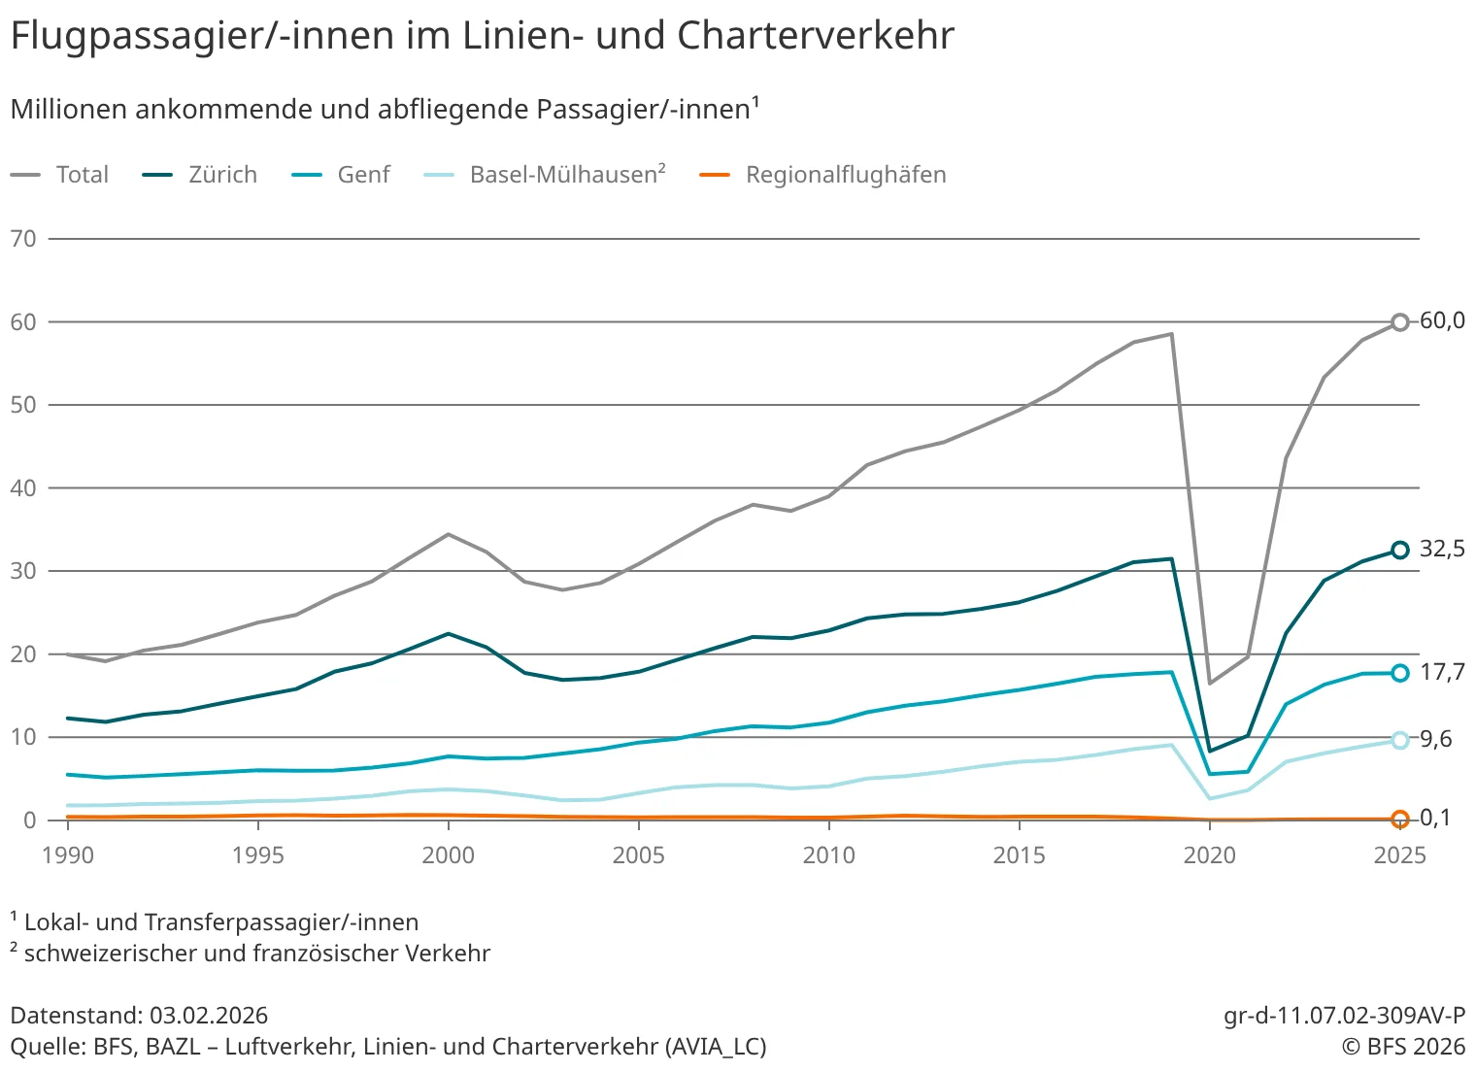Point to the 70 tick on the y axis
(x=23, y=239)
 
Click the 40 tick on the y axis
(x=23, y=488)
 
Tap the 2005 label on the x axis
(x=638, y=855)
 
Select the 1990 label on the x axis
(x=68, y=855)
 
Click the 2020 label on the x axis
(x=1209, y=855)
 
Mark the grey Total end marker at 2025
(x=1399, y=322)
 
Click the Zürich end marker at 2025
(x=1399, y=551)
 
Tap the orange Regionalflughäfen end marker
(x=1399, y=820)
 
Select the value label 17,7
(x=1442, y=672)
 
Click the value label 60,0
(x=1442, y=320)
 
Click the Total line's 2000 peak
(x=448, y=534)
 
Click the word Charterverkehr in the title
(x=816, y=36)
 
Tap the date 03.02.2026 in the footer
(x=209, y=1016)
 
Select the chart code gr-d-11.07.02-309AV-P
(x=1344, y=1016)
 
